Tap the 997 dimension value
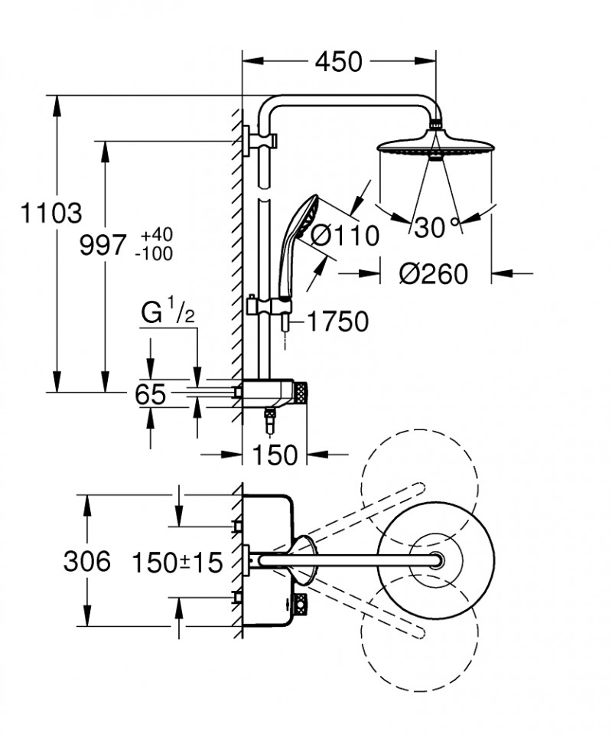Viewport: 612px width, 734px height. click(103, 245)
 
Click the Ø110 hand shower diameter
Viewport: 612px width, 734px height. click(344, 236)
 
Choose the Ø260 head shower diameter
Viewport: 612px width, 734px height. click(434, 272)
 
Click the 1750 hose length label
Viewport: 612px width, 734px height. click(337, 321)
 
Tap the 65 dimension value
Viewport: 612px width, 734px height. click(149, 394)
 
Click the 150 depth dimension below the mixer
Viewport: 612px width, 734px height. click(274, 455)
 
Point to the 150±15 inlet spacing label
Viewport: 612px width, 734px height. click(177, 563)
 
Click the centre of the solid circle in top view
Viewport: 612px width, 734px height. click(437, 562)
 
